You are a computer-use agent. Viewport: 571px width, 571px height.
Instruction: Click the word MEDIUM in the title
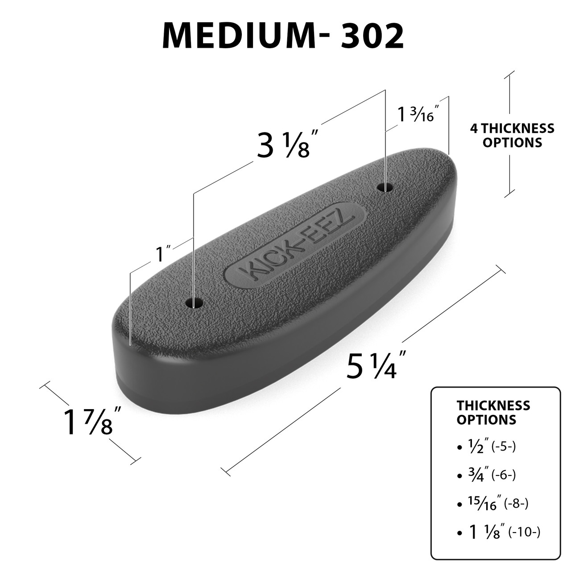tap(239, 36)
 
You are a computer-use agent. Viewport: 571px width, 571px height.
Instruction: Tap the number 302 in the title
tap(373, 36)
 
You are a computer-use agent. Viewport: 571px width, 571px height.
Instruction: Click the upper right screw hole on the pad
tap(385, 187)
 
